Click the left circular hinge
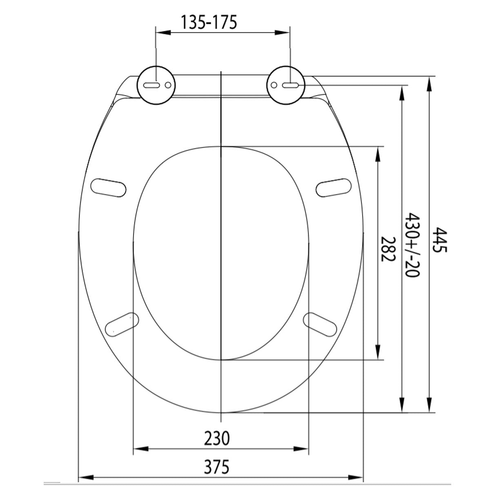(156, 85)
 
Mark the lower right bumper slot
(321, 324)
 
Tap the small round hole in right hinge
(274, 85)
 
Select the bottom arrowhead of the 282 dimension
(379, 354)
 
